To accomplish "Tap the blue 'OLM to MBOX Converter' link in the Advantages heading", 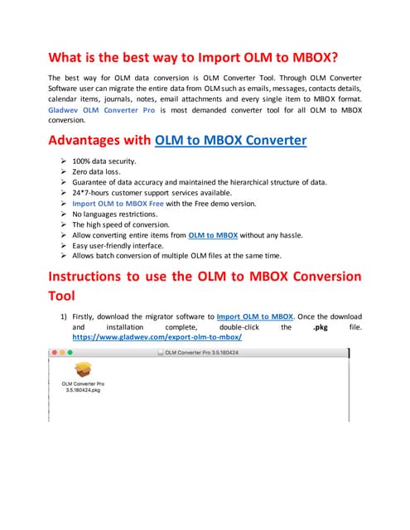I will (x=231, y=140).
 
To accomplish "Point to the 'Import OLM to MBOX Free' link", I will (x=118, y=203).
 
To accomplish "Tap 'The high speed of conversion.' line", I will (x=121, y=224).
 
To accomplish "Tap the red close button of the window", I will (x=55, y=352).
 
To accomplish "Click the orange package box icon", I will (x=83, y=369).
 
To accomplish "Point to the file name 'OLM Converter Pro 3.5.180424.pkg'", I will (x=83, y=388).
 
